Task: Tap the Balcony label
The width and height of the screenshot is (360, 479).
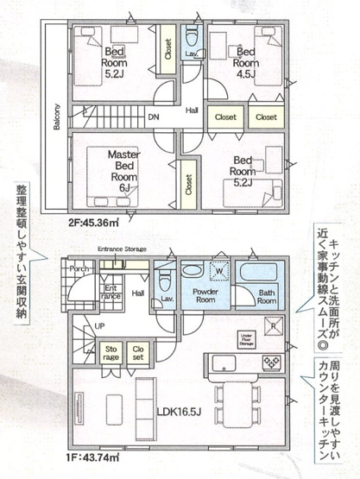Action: [56, 120]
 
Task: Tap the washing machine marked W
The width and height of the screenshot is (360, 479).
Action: [220, 271]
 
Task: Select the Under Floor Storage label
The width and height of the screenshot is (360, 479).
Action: [247, 338]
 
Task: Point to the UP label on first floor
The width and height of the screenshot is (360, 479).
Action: [100, 327]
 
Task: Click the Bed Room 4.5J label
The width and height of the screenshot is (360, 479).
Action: [248, 57]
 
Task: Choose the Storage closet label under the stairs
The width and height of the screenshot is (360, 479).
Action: [112, 352]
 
